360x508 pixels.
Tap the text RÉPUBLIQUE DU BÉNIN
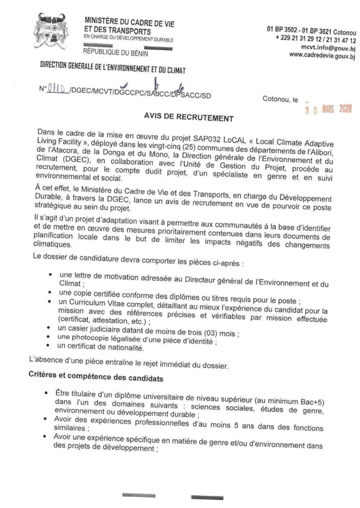[x=112, y=51]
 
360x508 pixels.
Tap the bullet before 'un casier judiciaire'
[x=52, y=328]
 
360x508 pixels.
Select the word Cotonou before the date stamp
[x=276, y=100]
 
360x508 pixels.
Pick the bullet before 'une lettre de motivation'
[x=53, y=274]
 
